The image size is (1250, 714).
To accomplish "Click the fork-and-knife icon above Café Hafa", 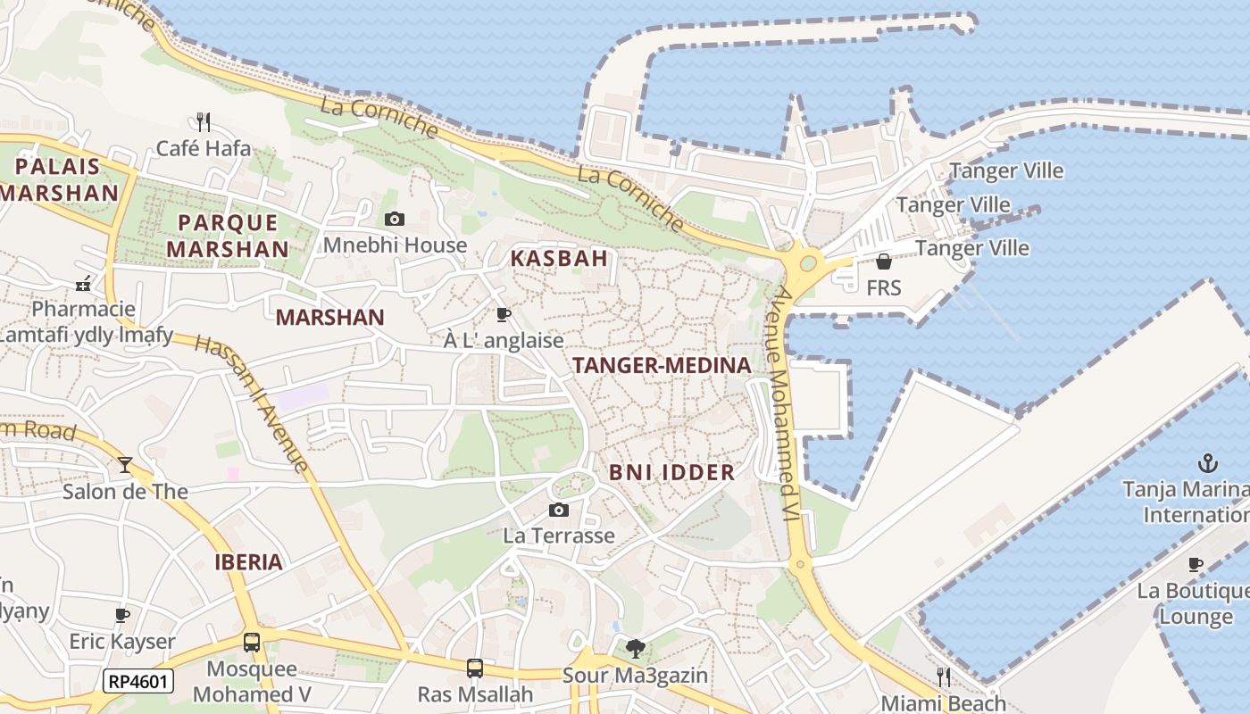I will [x=204, y=120].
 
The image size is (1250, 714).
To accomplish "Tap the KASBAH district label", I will [x=559, y=259].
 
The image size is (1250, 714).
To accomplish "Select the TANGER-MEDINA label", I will [x=662, y=365].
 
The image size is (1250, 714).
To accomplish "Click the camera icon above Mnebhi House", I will [x=394, y=219].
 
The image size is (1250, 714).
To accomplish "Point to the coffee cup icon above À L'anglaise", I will [x=504, y=314].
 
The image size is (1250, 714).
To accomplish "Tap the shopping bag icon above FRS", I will [x=883, y=262].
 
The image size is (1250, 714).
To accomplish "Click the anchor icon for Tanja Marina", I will [x=1207, y=463].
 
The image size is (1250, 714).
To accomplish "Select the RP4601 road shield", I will [x=137, y=682].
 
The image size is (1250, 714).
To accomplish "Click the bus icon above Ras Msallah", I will [x=475, y=668].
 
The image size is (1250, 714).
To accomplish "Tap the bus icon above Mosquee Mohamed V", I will [x=252, y=642].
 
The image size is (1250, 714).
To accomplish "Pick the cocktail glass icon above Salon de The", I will [x=125, y=465].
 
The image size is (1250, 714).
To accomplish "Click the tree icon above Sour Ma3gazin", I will [x=636, y=649].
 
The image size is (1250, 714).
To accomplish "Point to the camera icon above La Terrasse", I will [x=559, y=510].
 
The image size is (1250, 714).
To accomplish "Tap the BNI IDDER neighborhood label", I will [x=671, y=472].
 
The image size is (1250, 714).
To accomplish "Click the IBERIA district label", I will [x=248, y=562].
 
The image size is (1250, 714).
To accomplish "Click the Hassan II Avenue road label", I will [x=254, y=403].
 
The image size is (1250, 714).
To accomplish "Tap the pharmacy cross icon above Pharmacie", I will [x=83, y=285].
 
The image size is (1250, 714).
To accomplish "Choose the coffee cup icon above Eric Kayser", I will [x=122, y=615].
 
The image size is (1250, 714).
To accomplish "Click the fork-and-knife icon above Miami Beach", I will [x=943, y=677].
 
